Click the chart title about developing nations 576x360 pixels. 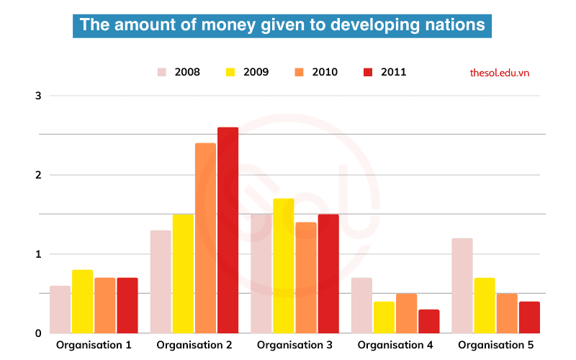point(282,24)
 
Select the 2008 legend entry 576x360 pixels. point(179,72)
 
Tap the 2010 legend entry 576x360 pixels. point(316,72)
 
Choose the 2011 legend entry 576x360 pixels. point(385,72)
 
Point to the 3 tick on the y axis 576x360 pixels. point(39,96)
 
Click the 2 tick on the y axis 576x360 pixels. point(39,175)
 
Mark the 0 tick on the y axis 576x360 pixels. point(39,333)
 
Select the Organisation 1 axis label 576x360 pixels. point(94,345)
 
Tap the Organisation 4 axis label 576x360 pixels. point(395,345)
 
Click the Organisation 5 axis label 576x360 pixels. point(496,345)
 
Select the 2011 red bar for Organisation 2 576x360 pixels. point(228,230)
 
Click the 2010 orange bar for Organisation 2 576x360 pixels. point(205,238)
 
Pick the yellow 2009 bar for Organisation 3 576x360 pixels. point(283,266)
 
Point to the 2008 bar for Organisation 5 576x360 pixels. point(462,286)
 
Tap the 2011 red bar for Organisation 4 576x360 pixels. point(428,322)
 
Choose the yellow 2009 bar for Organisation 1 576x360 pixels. point(82,302)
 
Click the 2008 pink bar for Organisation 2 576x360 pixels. point(161,282)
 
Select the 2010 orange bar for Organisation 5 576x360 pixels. point(507,313)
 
